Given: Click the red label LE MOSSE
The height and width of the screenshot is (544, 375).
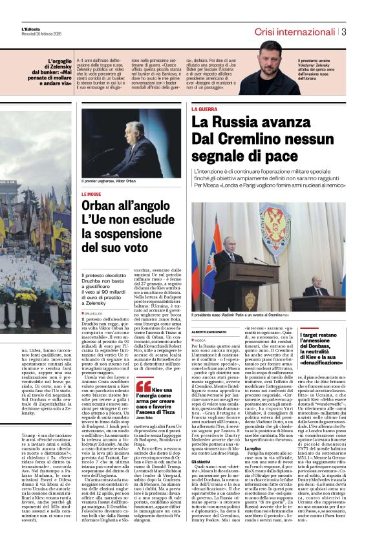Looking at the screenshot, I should tap(92, 194).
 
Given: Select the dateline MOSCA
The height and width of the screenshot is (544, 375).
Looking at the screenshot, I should tap(200, 340).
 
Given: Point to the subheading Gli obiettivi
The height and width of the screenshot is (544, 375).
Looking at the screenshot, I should tap(202, 462).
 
